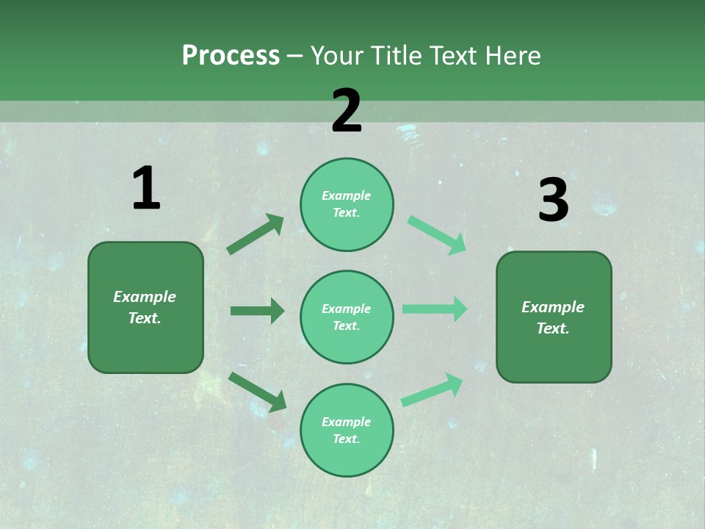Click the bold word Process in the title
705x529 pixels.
click(x=231, y=56)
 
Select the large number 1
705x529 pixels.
click(x=146, y=189)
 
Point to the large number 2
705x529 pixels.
click(x=347, y=111)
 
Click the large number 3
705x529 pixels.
click(x=553, y=201)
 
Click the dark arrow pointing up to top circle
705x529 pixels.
click(x=256, y=234)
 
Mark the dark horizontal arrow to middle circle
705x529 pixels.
click(x=257, y=311)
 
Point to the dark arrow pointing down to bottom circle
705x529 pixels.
click(x=258, y=392)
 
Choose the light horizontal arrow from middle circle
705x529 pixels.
click(x=435, y=309)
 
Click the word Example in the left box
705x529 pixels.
click(x=145, y=297)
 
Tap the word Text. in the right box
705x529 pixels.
click(x=553, y=328)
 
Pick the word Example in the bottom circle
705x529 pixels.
click(x=346, y=422)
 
